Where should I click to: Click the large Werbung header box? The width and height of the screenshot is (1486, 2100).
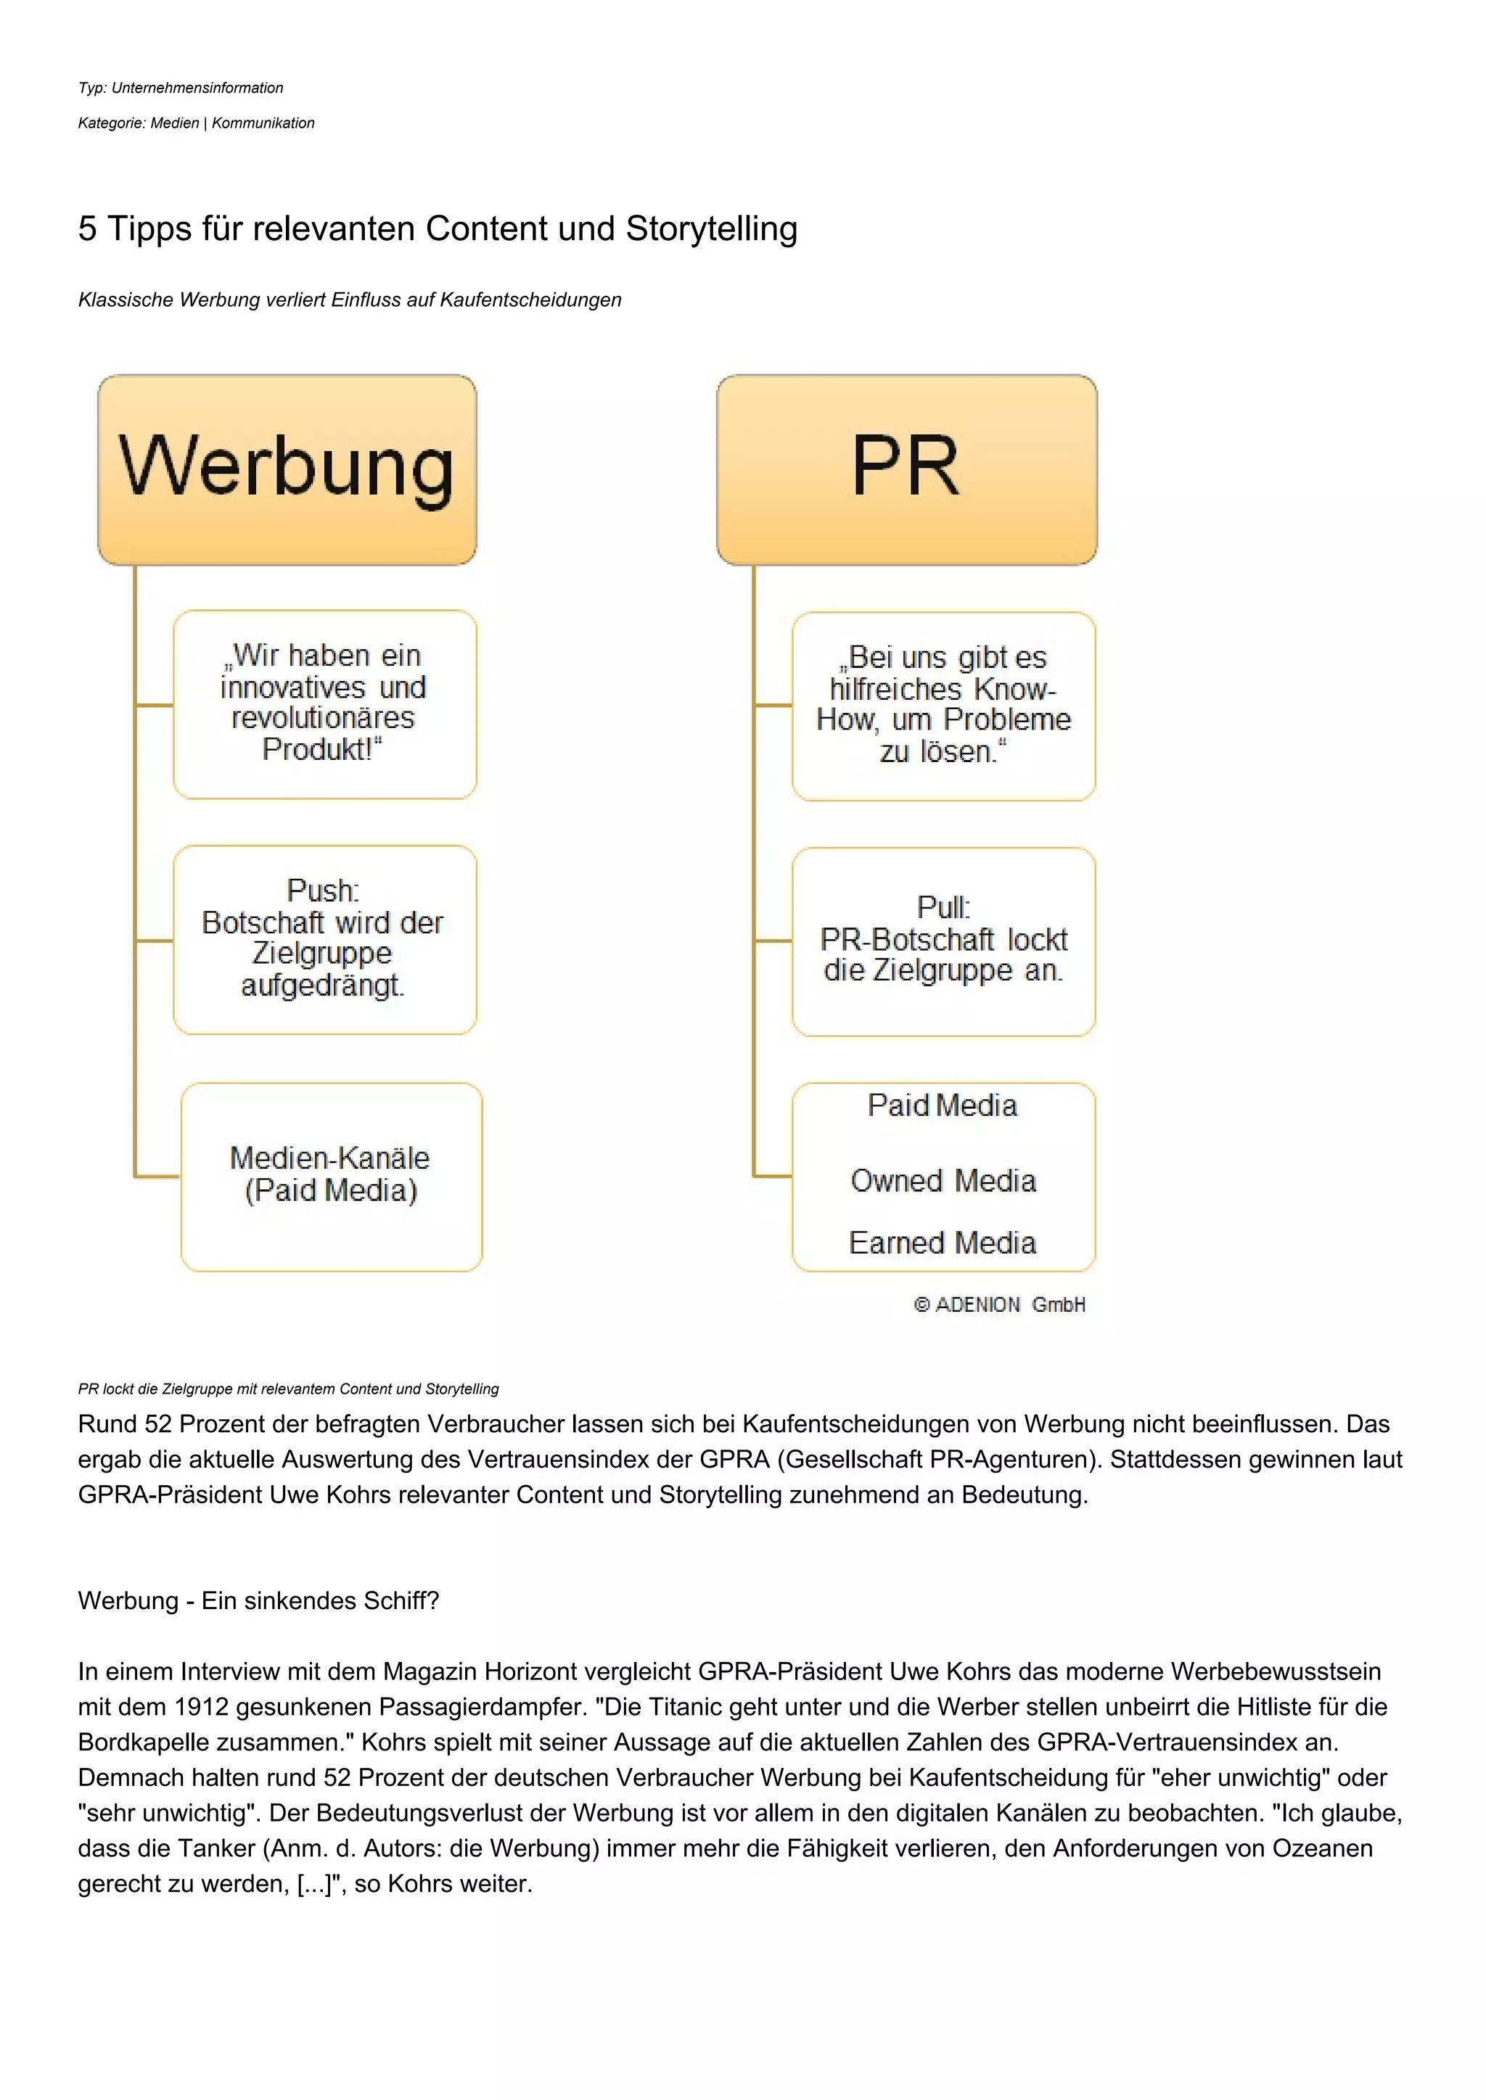[x=287, y=469]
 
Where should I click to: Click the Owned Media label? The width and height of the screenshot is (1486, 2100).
[x=943, y=1181]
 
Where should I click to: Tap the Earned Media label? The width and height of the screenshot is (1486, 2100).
[x=943, y=1243]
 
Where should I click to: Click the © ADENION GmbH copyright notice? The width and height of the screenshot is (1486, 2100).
[x=999, y=1305]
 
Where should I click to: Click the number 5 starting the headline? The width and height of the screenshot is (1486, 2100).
[x=87, y=228]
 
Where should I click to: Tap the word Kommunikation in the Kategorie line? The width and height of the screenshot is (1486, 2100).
[x=263, y=123]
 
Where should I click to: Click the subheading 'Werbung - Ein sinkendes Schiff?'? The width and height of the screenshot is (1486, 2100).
[x=258, y=1600]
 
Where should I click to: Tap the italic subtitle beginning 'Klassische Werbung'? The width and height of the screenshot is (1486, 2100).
[x=350, y=300]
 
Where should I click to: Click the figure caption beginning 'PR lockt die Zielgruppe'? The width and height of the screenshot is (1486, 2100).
[x=288, y=1389]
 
